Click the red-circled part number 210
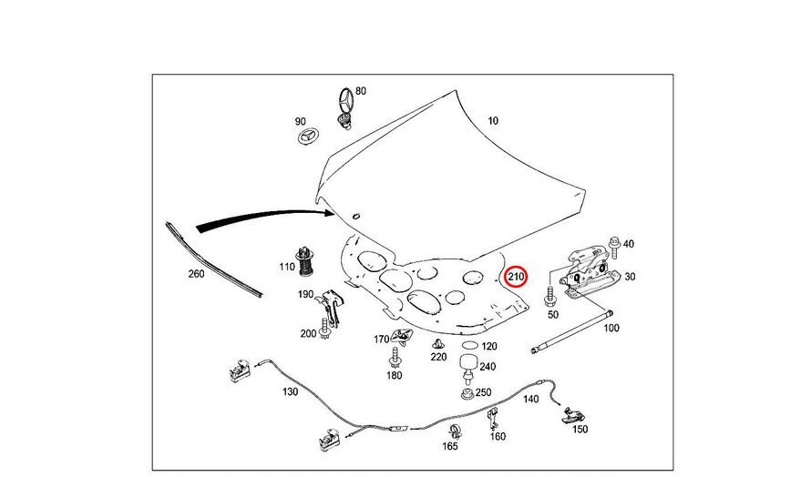tap(516, 275)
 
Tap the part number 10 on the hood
tap(493, 121)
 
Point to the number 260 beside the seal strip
tap(195, 273)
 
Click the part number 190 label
tap(306, 294)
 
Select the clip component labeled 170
tap(400, 337)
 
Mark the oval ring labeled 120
tap(469, 347)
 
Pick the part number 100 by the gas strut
tap(611, 327)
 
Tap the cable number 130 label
tap(290, 391)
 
